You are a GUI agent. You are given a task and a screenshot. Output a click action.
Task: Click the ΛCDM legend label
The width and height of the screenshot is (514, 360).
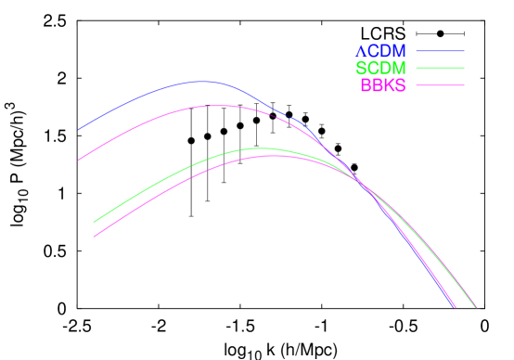[380, 51]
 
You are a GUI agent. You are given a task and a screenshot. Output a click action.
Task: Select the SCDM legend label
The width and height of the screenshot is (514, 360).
[380, 69]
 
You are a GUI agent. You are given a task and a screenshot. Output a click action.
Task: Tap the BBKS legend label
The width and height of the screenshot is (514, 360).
[382, 85]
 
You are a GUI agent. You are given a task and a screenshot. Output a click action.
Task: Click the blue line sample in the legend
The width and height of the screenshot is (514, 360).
[440, 51]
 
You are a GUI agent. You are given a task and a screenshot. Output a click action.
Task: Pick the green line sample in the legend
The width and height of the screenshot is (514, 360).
[440, 69]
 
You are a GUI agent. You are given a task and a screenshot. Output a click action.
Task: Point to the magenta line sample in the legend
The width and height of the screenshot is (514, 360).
[440, 85]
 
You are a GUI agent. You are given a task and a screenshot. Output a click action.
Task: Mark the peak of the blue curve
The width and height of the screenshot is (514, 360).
[201, 82]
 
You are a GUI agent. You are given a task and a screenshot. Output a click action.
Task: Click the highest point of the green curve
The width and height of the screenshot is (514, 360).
[261, 148]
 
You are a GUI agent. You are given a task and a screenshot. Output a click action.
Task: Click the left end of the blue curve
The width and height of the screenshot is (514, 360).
[78, 130]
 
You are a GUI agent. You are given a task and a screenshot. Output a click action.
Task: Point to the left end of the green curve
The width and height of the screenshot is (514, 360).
[94, 222]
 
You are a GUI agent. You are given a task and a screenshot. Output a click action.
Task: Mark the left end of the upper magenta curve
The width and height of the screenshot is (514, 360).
[78, 161]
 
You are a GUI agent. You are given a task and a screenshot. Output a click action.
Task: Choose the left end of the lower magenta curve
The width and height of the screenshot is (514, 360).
[94, 237]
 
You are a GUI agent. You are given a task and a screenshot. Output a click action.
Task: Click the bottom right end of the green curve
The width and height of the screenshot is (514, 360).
[476, 307]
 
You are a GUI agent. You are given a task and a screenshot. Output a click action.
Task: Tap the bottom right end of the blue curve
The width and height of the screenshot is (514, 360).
[455, 307]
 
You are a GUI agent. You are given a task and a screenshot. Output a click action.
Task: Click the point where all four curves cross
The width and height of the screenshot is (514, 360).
[365, 188]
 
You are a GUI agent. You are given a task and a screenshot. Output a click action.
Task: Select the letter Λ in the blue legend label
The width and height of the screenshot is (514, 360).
[362, 51]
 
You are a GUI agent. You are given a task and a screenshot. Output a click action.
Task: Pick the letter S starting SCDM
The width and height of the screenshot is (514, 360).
[361, 69]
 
